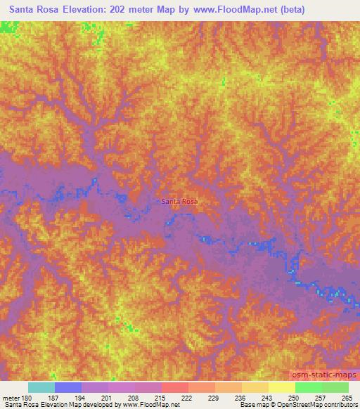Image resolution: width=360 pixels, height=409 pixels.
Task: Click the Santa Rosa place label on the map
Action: click(x=180, y=202)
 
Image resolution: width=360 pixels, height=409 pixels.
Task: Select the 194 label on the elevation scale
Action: click(x=82, y=397)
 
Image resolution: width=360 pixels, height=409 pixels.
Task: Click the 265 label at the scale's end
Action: click(x=345, y=397)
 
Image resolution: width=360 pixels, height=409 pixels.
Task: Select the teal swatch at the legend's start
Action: click(x=41, y=387)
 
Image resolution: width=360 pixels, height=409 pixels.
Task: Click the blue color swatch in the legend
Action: click(x=68, y=387)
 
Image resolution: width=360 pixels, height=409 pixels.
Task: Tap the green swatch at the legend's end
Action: click(x=335, y=387)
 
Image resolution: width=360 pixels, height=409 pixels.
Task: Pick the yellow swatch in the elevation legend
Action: click(x=281, y=387)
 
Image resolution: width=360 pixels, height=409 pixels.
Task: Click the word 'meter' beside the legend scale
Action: click(x=9, y=397)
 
